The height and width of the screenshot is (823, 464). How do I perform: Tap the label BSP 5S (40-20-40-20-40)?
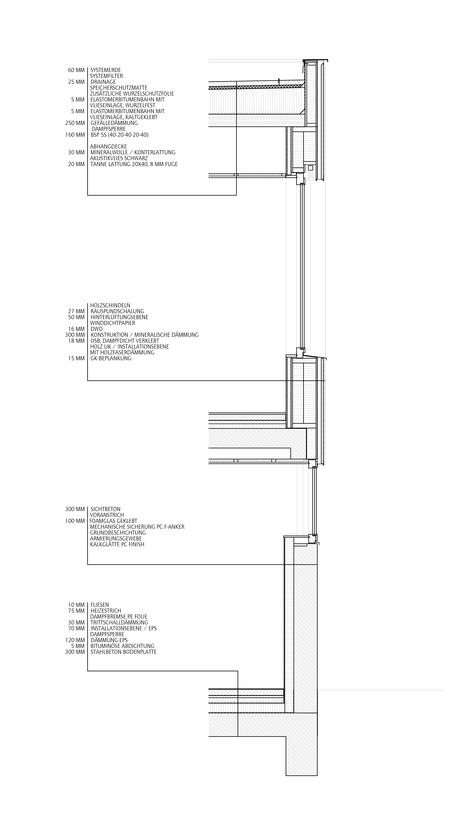119,135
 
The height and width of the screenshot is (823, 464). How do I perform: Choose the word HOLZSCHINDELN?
110,305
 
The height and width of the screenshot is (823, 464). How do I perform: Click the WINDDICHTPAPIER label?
113,323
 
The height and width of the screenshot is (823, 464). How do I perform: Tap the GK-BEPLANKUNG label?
111,358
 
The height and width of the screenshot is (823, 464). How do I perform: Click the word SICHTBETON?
105,509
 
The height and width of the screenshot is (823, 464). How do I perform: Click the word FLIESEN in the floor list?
100,605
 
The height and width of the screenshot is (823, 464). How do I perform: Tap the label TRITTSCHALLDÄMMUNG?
119,622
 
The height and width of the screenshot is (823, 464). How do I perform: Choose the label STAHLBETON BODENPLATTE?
123,652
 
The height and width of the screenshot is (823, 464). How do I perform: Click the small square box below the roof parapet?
311,168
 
